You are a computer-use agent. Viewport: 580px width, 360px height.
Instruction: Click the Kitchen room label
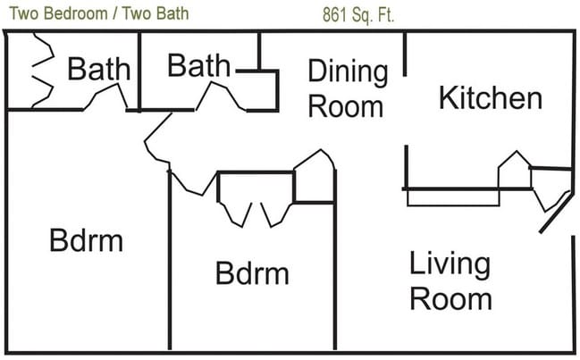(x=491, y=97)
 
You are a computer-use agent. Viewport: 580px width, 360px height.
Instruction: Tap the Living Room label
(x=450, y=280)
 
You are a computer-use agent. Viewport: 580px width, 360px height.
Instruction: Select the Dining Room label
(x=348, y=88)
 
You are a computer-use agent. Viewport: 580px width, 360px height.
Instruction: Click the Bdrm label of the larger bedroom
(x=86, y=240)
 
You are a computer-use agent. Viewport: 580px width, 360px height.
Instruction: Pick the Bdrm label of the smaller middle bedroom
(x=252, y=273)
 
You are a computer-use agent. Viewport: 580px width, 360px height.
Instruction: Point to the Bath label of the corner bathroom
(x=99, y=69)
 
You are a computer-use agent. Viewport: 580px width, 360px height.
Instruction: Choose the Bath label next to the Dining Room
(x=198, y=65)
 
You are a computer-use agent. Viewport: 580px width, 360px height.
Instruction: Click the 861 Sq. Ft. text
(x=358, y=15)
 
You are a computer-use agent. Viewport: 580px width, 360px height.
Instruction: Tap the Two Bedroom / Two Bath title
(x=99, y=13)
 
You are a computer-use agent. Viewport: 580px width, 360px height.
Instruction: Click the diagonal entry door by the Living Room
(x=555, y=212)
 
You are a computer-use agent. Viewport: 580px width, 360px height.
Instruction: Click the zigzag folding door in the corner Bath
(x=43, y=71)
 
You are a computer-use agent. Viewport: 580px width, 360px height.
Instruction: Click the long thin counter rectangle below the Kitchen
(x=453, y=197)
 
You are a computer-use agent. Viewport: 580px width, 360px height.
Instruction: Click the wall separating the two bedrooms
(x=170, y=259)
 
